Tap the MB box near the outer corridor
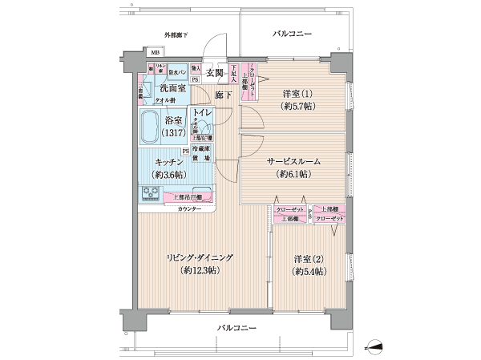tap(155, 53)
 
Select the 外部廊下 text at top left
tap(176, 35)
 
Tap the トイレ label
tap(202, 115)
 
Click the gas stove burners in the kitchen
tap(151, 193)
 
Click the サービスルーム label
tap(293, 160)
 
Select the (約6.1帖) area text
tap(293, 174)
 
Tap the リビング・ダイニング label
tap(199, 257)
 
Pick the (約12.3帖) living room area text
tap(199, 272)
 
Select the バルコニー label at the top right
tap(292, 34)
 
